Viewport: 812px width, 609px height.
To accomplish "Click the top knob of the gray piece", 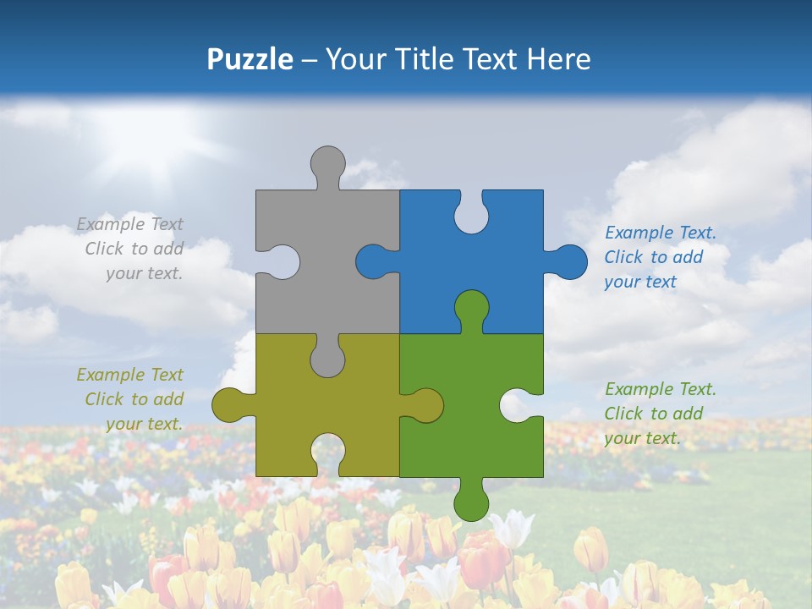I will tap(327, 163).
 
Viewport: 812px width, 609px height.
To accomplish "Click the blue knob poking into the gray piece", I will tap(373, 261).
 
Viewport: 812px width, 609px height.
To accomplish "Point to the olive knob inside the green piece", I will tap(425, 404).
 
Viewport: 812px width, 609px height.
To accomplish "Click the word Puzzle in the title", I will tap(250, 59).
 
